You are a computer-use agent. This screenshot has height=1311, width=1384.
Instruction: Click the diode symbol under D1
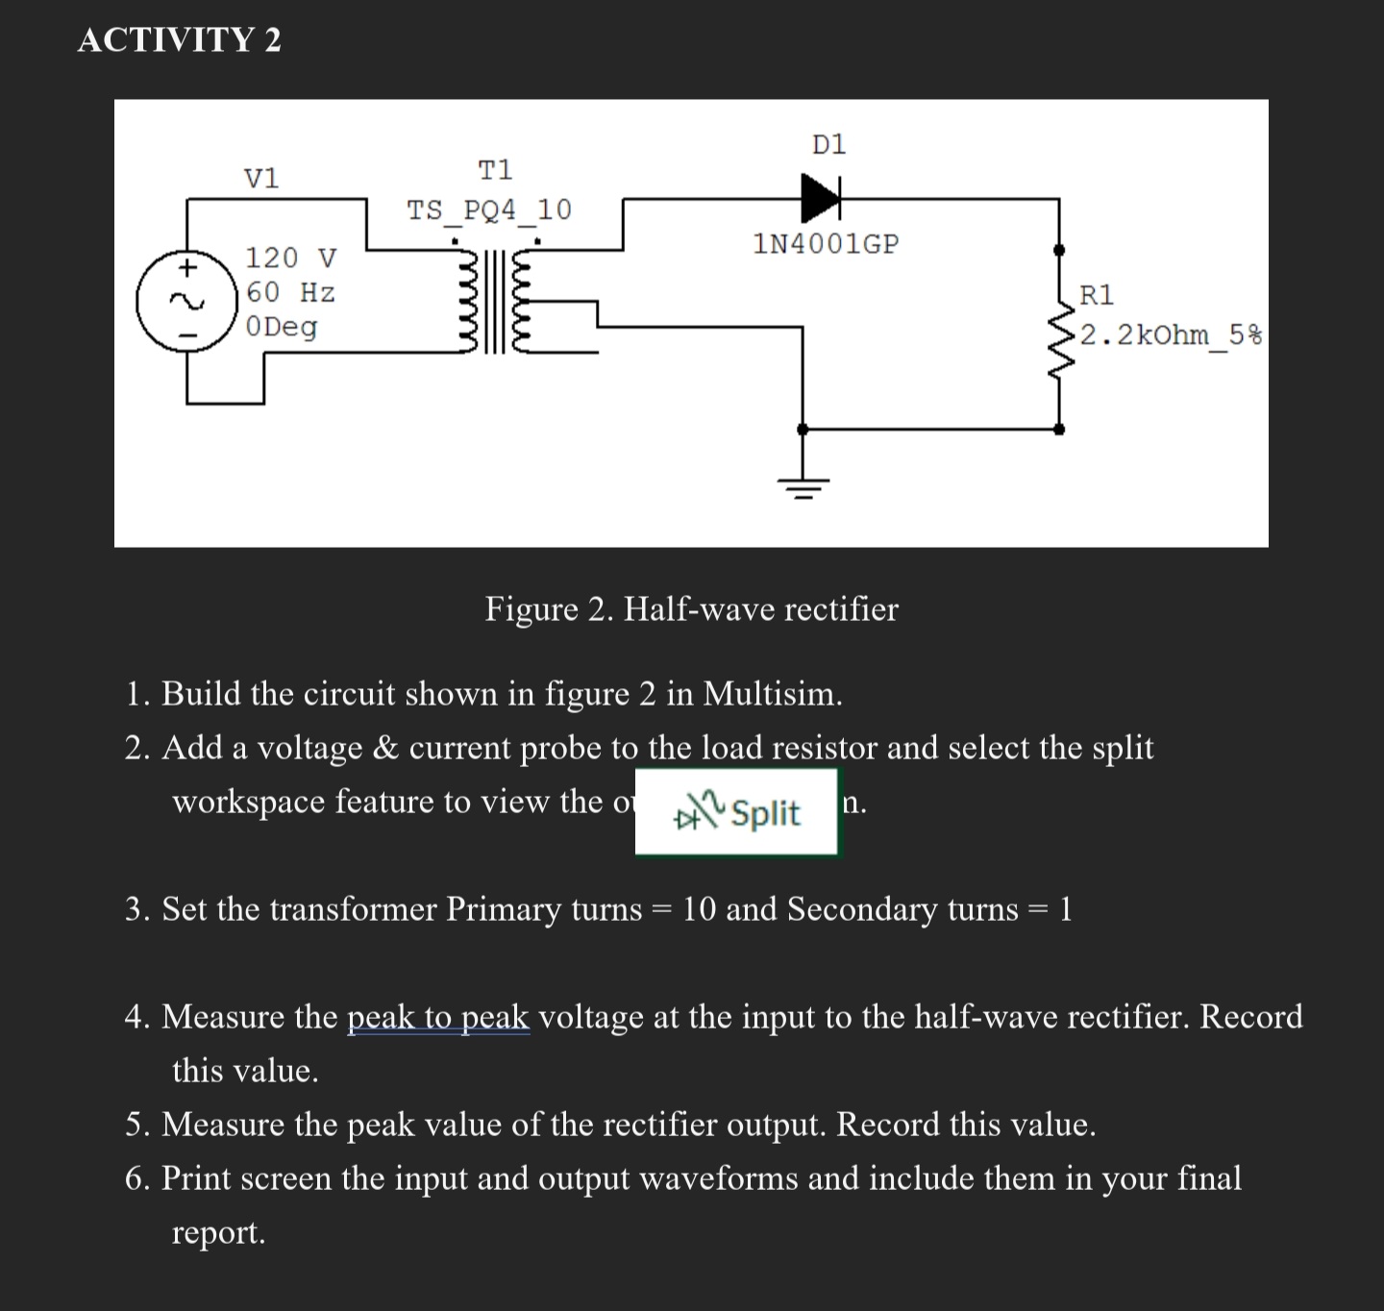click(821, 199)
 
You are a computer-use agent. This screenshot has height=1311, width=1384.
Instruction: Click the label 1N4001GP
click(827, 244)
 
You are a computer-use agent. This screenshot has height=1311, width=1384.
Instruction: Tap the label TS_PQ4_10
click(489, 210)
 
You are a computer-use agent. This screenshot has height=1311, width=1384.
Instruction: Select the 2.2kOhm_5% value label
click(1171, 334)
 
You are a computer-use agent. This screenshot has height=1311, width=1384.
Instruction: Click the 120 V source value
click(291, 258)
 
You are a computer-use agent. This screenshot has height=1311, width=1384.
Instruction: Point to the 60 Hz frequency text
click(290, 291)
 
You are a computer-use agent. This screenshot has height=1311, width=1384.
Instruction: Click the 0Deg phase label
click(282, 327)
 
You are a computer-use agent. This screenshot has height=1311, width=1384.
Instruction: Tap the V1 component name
click(261, 178)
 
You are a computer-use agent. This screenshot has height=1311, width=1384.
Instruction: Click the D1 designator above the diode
click(829, 145)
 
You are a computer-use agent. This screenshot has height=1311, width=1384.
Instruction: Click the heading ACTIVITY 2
click(180, 40)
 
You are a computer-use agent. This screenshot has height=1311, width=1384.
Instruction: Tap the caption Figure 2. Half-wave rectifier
click(691, 608)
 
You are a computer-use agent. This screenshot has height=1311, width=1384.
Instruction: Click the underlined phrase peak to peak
click(437, 1017)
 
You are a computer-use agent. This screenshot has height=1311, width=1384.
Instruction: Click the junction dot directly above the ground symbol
click(803, 430)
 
